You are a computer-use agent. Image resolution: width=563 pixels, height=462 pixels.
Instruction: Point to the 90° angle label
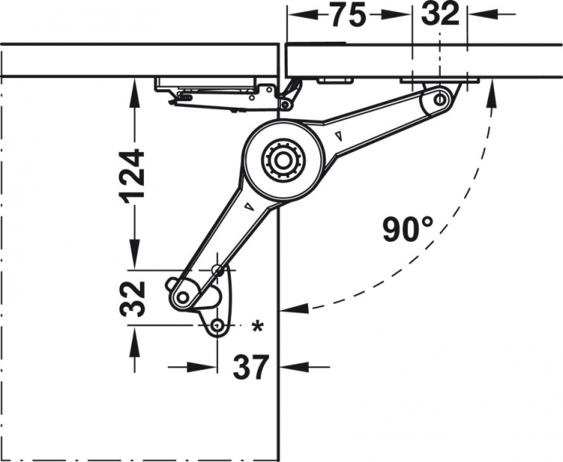coord(408,231)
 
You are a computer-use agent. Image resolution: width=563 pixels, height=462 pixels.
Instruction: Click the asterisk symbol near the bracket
coord(257,325)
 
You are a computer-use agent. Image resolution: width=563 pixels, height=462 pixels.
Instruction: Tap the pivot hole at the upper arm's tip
coord(440,99)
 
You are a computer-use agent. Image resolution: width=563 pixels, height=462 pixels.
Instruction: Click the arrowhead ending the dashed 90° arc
coord(288,308)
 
